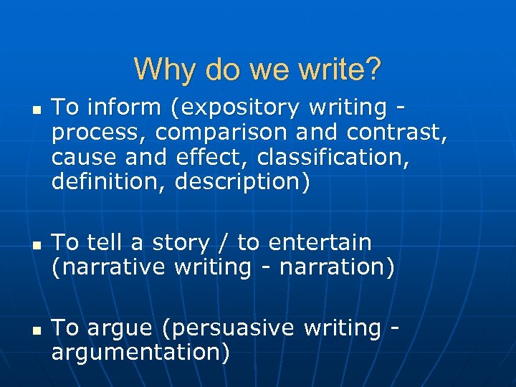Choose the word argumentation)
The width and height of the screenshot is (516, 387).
click(140, 353)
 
